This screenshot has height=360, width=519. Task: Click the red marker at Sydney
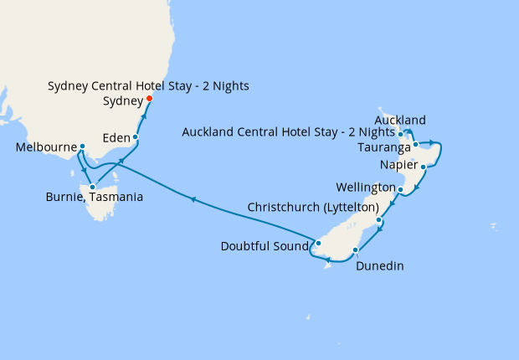click(150, 99)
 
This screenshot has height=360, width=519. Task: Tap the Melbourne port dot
click(82, 147)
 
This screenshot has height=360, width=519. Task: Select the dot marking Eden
click(135, 136)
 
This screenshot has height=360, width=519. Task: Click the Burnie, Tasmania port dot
click(92, 175)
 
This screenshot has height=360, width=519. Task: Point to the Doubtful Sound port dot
click(318, 244)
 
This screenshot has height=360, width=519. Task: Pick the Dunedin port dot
click(356, 249)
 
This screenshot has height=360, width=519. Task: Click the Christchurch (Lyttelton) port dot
click(379, 220)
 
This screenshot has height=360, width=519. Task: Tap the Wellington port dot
click(401, 190)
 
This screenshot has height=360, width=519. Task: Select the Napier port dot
click(424, 167)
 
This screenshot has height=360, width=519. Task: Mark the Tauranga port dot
click(415, 145)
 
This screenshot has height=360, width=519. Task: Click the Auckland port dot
click(402, 133)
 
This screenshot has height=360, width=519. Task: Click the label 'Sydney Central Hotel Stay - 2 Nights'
click(148, 86)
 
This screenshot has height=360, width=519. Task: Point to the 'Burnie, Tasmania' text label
click(94, 198)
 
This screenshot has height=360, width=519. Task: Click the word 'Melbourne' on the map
click(46, 148)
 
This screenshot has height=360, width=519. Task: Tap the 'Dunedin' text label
click(380, 266)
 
